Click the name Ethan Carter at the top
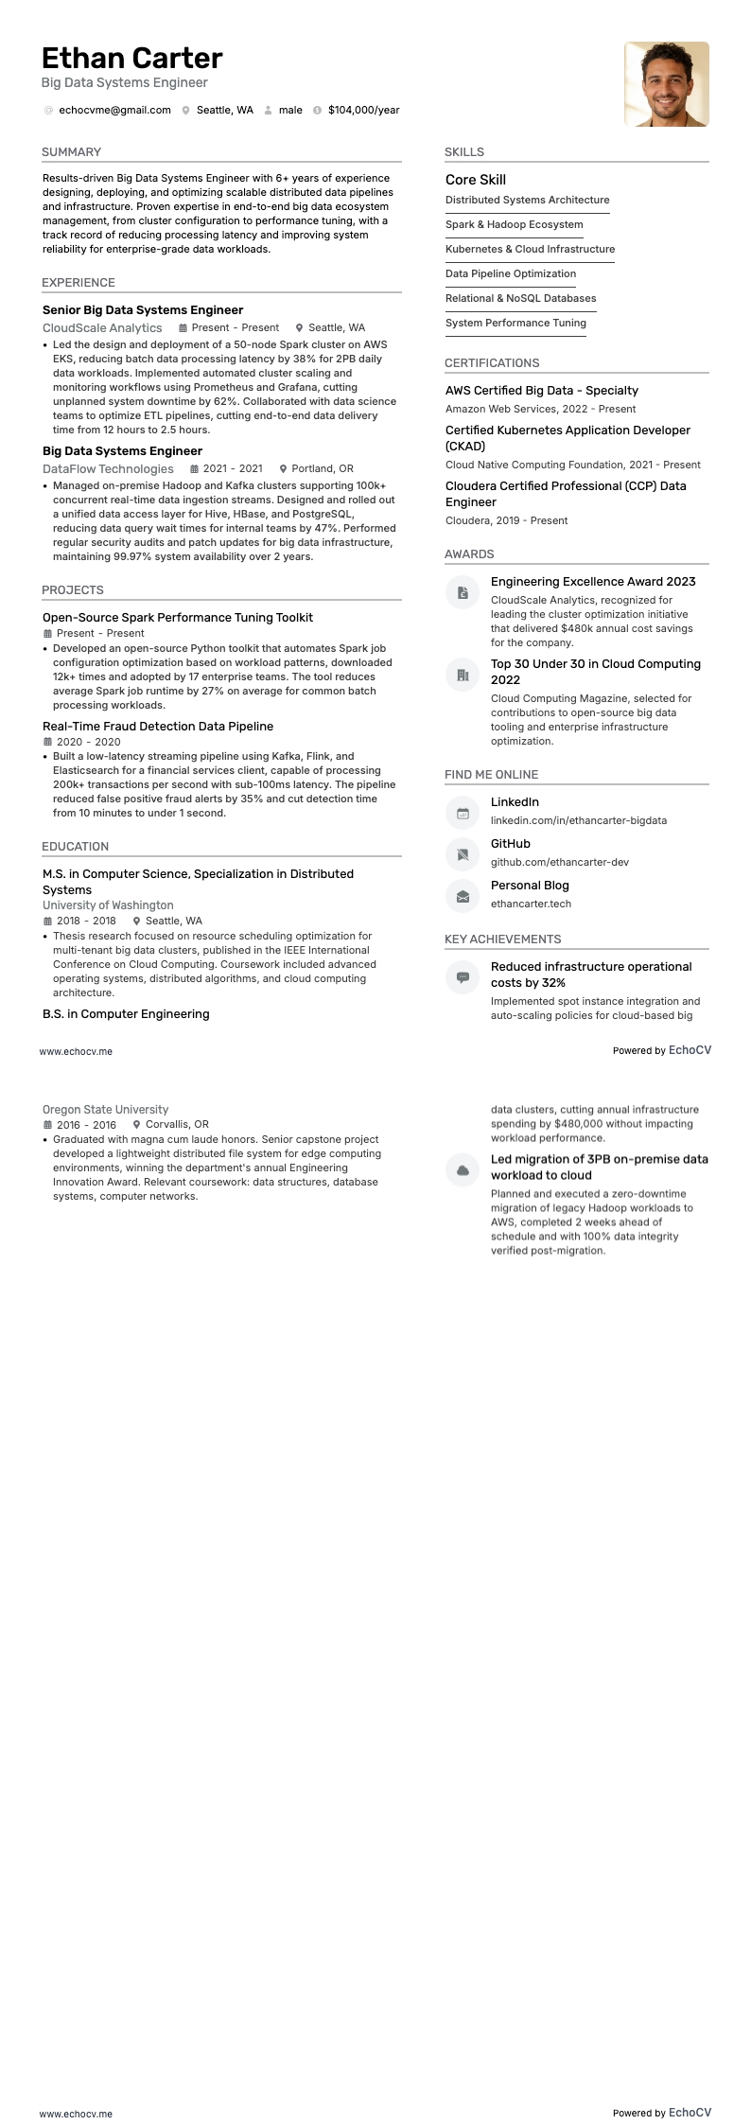click(x=132, y=59)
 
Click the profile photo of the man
click(x=666, y=83)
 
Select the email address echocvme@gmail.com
click(x=114, y=110)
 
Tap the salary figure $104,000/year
click(x=363, y=110)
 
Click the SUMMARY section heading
click(x=71, y=152)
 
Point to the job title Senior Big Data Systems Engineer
click(x=143, y=310)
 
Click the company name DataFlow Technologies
click(x=108, y=468)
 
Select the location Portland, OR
click(x=322, y=468)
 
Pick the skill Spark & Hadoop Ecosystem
click(x=514, y=224)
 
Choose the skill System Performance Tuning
click(x=515, y=323)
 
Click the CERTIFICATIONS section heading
click(x=492, y=363)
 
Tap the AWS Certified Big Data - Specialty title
click(x=541, y=391)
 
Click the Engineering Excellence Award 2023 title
click(x=593, y=582)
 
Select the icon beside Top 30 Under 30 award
click(x=463, y=675)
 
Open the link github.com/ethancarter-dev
click(x=559, y=862)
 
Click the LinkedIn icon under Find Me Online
click(x=463, y=813)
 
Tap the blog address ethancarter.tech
click(x=531, y=904)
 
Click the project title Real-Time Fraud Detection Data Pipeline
click(x=158, y=727)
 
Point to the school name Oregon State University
click(x=105, y=1110)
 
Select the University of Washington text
click(x=108, y=905)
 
